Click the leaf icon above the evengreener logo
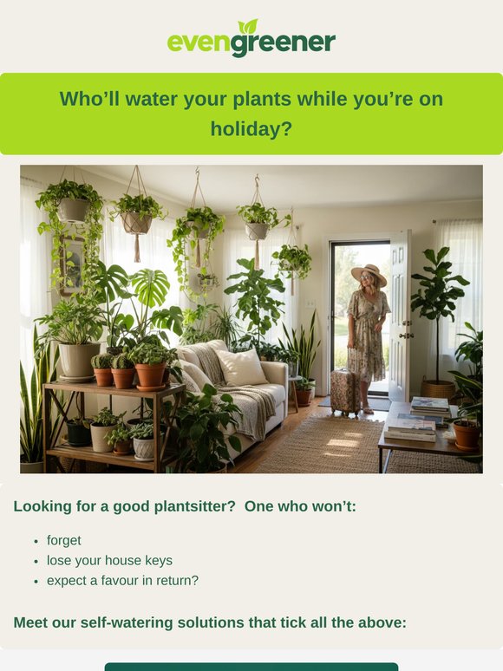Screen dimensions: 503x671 (248, 26)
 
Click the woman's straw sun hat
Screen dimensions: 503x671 (369, 274)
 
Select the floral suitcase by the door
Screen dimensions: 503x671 (345, 392)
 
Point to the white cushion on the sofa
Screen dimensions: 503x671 (241, 367)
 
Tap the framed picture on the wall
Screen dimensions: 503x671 (72, 265)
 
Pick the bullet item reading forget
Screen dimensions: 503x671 (64, 540)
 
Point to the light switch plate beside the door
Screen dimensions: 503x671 (310, 303)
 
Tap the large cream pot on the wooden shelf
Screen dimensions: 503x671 (79, 361)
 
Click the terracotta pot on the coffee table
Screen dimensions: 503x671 (467, 434)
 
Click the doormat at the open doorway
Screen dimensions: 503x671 (355, 403)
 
